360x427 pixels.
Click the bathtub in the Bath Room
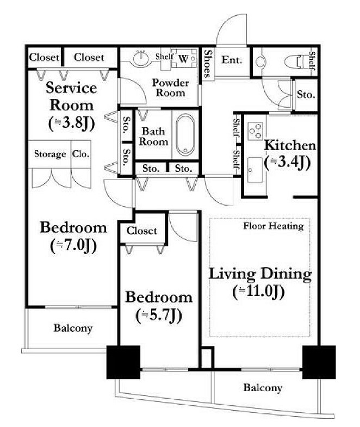[185, 134]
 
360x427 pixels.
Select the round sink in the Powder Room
[141, 58]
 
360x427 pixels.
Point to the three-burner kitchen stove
[255, 131]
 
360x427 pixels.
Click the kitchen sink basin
[255, 170]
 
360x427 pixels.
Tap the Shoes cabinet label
[208, 64]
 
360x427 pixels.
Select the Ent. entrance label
[232, 60]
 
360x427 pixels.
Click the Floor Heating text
[274, 226]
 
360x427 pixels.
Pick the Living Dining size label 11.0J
[258, 292]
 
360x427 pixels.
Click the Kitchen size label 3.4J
[288, 163]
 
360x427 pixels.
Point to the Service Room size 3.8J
[72, 123]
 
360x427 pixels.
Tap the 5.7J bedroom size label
[159, 315]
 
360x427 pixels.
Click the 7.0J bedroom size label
[73, 246]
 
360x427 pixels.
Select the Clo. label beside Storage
[80, 154]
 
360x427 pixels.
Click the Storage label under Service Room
[50, 154]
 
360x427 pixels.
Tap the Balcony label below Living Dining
[263, 387]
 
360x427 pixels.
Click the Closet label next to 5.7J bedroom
[141, 231]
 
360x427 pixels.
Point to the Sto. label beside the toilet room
[306, 94]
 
